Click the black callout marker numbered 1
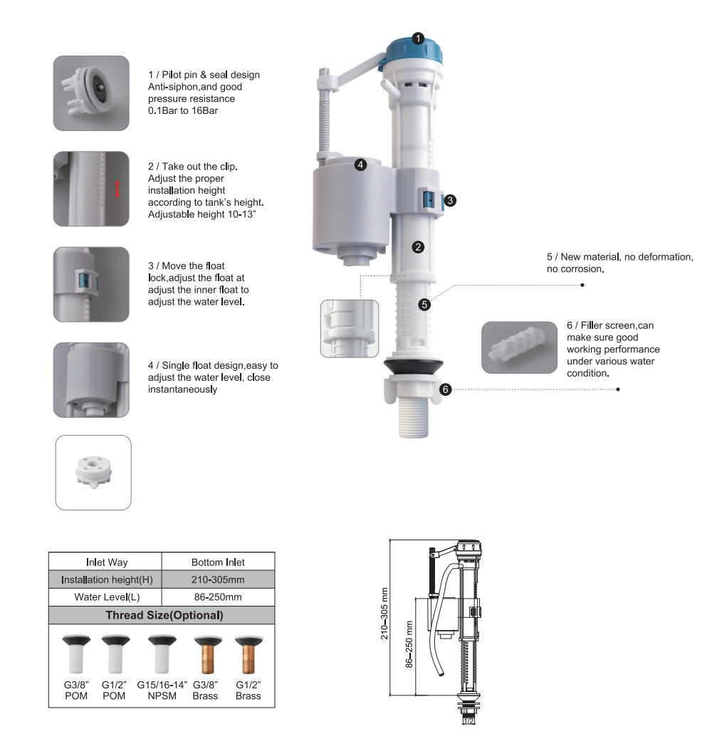(418, 38)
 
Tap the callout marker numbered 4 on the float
(360, 164)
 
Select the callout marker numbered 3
(450, 200)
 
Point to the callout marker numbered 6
(446, 389)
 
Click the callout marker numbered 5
(424, 305)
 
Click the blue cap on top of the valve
(413, 53)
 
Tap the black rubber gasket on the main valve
(414, 367)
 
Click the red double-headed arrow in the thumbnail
(117, 188)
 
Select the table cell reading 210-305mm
(218, 579)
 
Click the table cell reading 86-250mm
(218, 597)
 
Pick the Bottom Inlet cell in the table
(218, 562)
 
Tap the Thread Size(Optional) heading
(164, 616)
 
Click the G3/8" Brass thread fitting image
(207, 654)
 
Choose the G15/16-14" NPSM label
(162, 690)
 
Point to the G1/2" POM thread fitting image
(115, 654)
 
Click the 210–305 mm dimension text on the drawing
(384, 614)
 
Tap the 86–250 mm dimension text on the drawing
(409, 644)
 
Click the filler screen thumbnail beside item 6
(519, 347)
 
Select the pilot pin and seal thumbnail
(91, 93)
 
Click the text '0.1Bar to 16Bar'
(183, 110)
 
